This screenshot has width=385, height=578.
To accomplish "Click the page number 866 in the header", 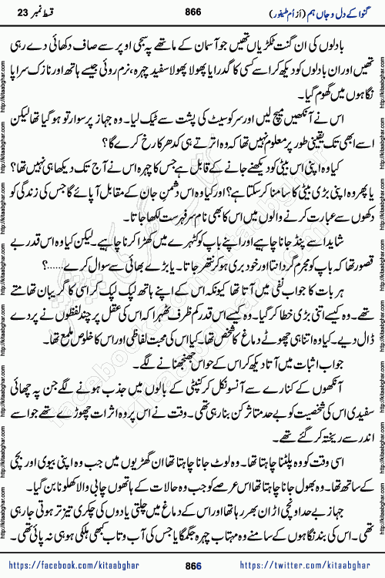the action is (192, 12).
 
